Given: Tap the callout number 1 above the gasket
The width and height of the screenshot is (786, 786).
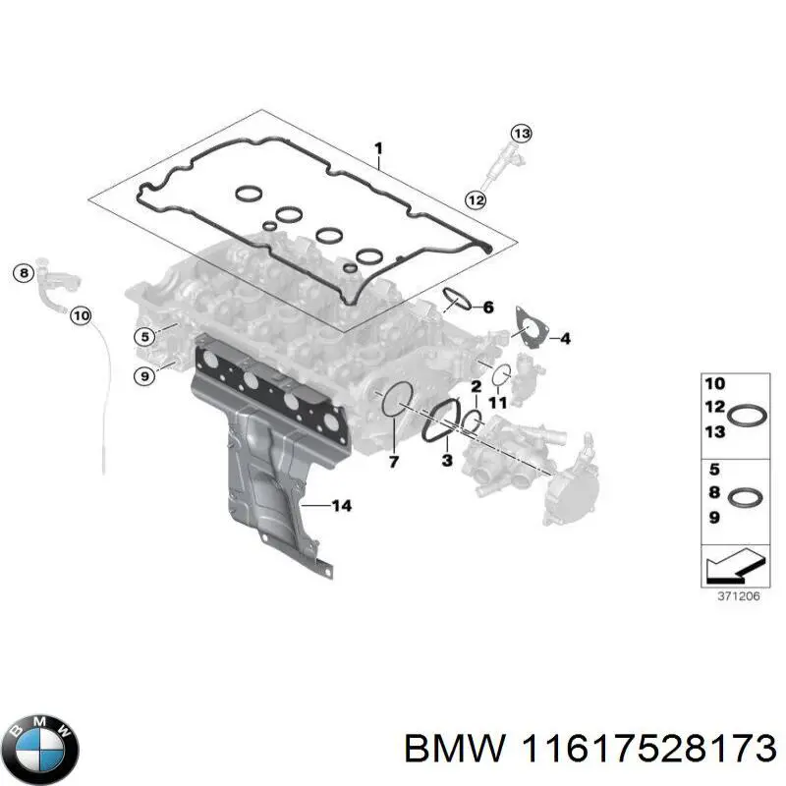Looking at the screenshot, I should [378, 148].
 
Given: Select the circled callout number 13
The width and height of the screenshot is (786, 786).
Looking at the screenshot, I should [520, 134].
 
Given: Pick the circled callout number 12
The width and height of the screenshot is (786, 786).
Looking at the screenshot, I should [476, 199].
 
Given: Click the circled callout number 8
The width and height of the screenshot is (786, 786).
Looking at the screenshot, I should [24, 273].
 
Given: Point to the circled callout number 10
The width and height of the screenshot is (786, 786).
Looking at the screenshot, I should [81, 316].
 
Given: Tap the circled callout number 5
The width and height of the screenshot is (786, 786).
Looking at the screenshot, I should [144, 337].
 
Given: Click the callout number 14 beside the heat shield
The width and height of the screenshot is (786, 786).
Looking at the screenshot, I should [340, 506].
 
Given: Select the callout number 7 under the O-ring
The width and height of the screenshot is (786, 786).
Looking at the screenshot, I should [394, 461].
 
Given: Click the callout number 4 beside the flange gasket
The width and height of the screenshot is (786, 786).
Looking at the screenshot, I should [565, 339].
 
